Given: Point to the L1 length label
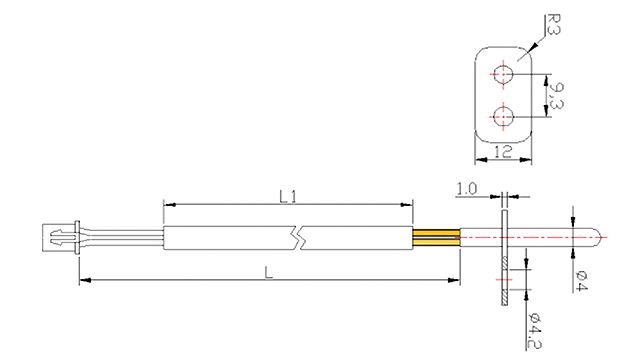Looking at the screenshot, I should tap(287, 196).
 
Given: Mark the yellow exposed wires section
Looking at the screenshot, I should tap(437, 239).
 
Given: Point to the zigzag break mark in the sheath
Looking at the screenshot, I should tap(298, 239).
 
